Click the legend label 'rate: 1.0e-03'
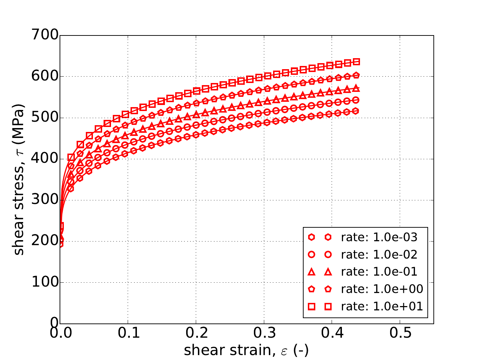pyautogui.click(x=379, y=237)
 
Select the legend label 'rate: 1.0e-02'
pyautogui.click(x=379, y=255)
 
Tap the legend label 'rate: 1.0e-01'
pyautogui.click(x=379, y=272)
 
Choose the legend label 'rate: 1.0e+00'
pyautogui.click(x=382, y=289)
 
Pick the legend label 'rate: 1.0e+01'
pyautogui.click(x=382, y=306)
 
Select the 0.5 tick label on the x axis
pyautogui.click(x=400, y=333)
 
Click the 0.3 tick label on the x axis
pyautogui.click(x=264, y=333)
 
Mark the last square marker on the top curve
pyautogui.click(x=356, y=62)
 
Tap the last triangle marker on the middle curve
pyautogui.click(x=356, y=88)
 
